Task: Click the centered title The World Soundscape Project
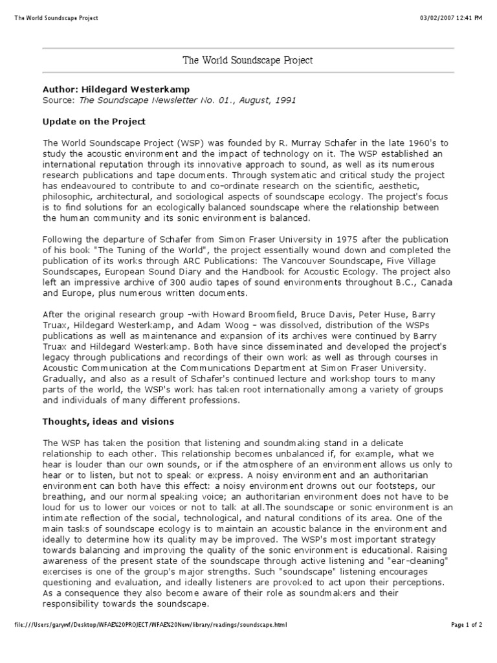[x=248, y=60]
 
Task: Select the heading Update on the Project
[x=94, y=121]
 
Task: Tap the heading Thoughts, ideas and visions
[x=108, y=421]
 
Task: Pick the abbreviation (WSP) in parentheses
[x=168, y=143]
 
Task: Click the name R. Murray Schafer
[x=310, y=143]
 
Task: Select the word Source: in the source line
[x=59, y=100]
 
